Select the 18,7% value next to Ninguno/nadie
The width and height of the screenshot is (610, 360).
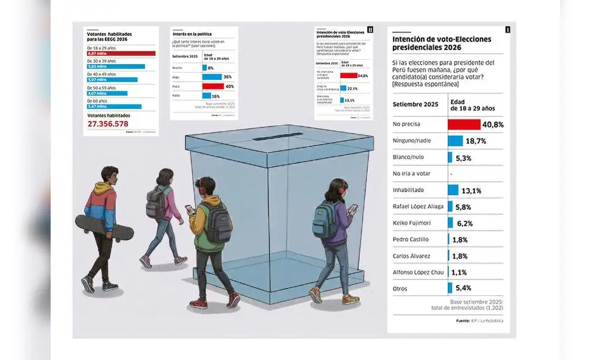(x=476, y=141)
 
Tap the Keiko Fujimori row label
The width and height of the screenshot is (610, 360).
(x=412, y=223)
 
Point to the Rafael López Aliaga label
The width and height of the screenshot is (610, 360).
(x=418, y=207)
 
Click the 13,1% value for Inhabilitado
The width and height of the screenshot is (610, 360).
(x=472, y=190)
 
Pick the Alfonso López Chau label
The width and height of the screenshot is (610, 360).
(x=418, y=272)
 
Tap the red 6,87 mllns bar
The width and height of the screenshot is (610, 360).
(x=121, y=54)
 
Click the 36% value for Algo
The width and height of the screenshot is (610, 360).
(x=227, y=77)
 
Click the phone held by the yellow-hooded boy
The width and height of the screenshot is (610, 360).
(x=189, y=209)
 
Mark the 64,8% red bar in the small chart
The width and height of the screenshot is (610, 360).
(x=348, y=76)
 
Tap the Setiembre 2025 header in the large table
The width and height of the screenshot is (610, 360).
(x=415, y=104)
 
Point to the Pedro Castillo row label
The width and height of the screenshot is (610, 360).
(x=411, y=240)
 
